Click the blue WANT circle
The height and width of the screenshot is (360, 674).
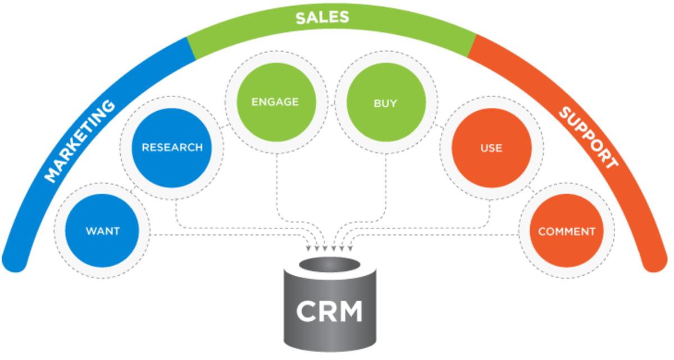point(103,231)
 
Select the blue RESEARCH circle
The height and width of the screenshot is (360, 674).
point(172,148)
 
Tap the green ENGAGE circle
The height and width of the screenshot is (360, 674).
point(275,102)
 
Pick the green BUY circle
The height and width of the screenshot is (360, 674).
point(385,103)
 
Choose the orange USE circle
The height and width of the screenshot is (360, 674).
point(491,149)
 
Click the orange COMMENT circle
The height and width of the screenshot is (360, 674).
point(566,231)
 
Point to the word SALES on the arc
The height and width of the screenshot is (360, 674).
point(322,17)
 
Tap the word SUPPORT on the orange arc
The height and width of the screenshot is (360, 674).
point(588,138)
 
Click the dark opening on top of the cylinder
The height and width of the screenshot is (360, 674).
point(329,265)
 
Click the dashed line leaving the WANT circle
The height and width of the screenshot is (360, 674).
point(225,234)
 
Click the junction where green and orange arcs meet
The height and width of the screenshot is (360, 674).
point(472,45)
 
